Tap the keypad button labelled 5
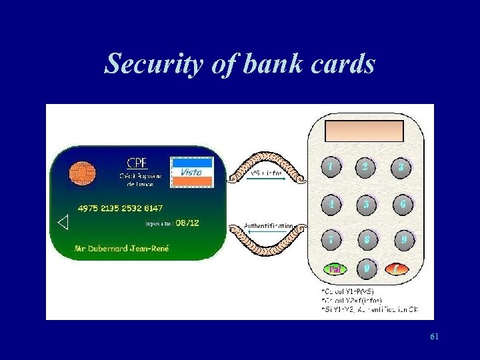pyautogui.click(x=366, y=204)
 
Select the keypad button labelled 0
pyautogui.click(x=366, y=268)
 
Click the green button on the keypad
pyautogui.click(x=335, y=269)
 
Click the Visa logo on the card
pyautogui.click(x=192, y=171)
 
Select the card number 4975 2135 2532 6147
pyautogui.click(x=120, y=208)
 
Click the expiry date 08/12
pyautogui.click(x=187, y=222)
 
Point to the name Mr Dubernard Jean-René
pyautogui.click(x=123, y=249)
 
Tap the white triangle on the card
pyautogui.click(x=63, y=223)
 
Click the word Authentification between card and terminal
pyautogui.click(x=268, y=226)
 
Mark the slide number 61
pyautogui.click(x=434, y=337)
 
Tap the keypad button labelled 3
pyautogui.click(x=401, y=167)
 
